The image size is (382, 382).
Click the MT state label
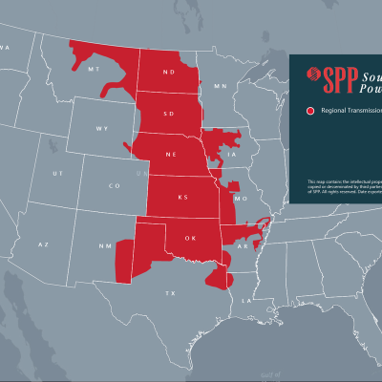pos(93,70)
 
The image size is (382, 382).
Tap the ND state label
pos(169,73)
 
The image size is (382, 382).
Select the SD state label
pos(170,113)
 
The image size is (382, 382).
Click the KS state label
pos(183,197)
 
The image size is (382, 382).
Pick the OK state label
pos(190,239)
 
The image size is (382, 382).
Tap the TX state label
pos(172,291)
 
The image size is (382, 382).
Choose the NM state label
pos(104,246)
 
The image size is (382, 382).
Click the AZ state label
pos(43,244)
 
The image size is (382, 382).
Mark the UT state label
pos(57,173)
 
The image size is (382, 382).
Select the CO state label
pos(115,185)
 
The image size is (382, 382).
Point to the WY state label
pos(102,128)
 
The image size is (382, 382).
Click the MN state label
pos(221,86)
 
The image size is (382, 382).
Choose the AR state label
pos(244,245)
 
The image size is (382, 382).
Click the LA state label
pos(246,300)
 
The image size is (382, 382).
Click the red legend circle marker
pos(309,112)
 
